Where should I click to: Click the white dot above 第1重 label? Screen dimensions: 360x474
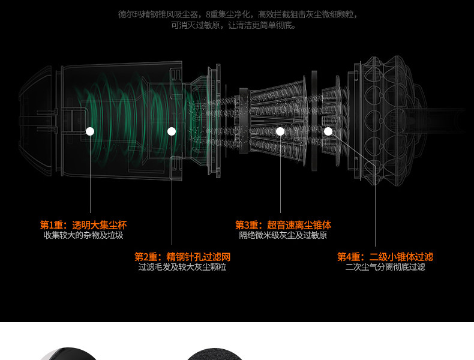coord(90,131)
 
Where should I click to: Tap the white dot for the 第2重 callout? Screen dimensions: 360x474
coord(172,131)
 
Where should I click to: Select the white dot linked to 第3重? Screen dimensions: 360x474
coord(280,131)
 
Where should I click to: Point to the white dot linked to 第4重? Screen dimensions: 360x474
coord(328,131)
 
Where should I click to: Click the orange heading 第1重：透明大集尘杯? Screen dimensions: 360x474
coord(83,225)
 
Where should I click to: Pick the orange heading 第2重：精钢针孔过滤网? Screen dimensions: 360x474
coord(182,257)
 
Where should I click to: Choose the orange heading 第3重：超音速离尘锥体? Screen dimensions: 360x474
coord(283,225)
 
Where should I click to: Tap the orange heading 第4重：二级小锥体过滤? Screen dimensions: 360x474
coord(385,257)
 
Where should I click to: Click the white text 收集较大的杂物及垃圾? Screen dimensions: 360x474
coord(83,235)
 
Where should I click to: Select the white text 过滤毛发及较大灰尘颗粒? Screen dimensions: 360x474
coord(182,267)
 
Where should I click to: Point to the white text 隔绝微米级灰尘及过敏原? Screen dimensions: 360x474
coord(283,235)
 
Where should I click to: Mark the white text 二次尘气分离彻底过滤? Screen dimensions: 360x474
coord(385,267)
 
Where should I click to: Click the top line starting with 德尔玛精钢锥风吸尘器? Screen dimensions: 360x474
coord(238,14)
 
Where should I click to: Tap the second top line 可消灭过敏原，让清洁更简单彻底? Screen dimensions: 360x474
coord(234,25)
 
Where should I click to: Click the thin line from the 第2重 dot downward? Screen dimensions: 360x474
coord(172,192)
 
